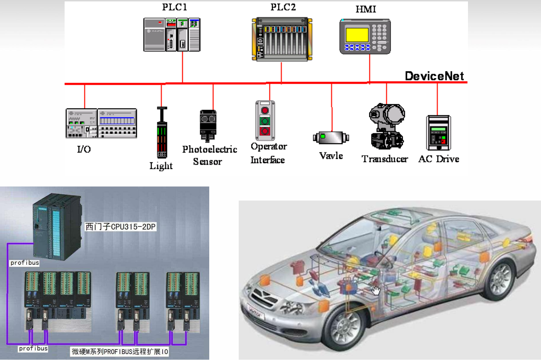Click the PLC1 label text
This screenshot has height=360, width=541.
[174, 7]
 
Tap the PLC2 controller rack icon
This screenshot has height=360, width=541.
[282, 39]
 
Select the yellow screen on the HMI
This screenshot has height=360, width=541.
[357, 35]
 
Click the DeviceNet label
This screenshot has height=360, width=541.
[434, 76]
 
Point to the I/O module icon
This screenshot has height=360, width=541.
[101, 123]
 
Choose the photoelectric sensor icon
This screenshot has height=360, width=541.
[208, 126]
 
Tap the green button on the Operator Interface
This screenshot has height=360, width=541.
[265, 121]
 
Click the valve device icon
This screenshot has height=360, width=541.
[331, 138]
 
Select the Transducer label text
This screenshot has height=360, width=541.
[385, 159]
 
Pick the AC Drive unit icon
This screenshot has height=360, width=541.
[438, 133]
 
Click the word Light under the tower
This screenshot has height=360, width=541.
[161, 166]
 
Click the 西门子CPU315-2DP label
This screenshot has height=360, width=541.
[120, 227]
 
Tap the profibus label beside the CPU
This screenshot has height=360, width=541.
[25, 263]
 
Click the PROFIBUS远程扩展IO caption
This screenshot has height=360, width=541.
[120, 352]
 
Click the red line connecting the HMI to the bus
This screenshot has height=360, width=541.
[370, 68]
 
